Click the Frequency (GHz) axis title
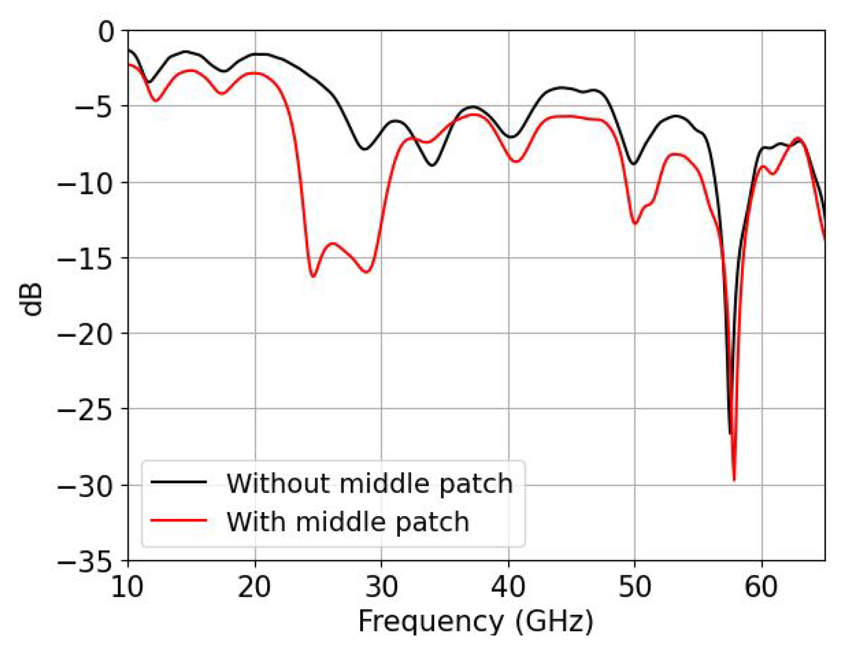476,622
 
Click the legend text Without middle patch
369,483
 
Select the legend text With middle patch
348,521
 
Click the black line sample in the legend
179,482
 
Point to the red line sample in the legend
179,520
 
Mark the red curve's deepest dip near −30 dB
734,479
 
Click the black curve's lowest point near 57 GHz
730,432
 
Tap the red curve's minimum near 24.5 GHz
313,276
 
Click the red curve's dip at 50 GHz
635,223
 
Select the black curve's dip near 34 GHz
432,165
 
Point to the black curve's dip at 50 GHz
634,164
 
